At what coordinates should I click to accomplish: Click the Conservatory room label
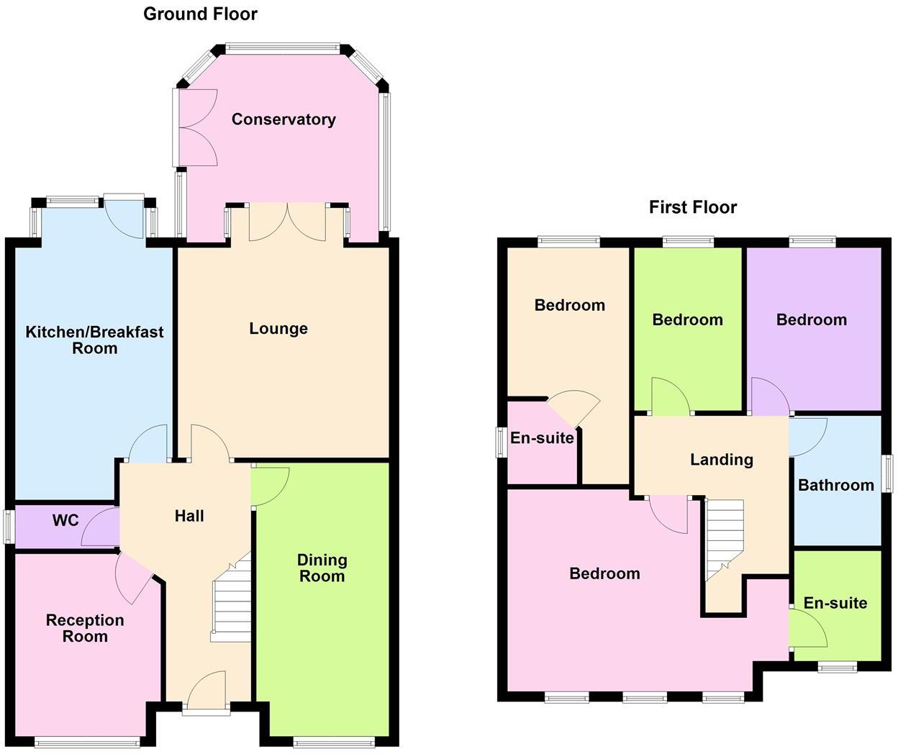click(x=284, y=119)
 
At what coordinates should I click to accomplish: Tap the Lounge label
click(x=278, y=329)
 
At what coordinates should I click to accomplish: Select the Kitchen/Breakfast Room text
click(x=94, y=340)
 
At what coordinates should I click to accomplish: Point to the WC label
click(x=65, y=520)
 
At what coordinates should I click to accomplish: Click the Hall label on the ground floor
click(x=189, y=516)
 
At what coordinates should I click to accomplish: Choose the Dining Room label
click(x=322, y=568)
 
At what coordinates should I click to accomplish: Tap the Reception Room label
click(x=85, y=628)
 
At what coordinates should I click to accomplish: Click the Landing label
click(x=722, y=460)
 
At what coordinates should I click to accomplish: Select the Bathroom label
click(x=836, y=485)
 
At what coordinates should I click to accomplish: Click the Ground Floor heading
click(x=200, y=14)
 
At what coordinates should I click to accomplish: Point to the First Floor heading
click(x=693, y=208)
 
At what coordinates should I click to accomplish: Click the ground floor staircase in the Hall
click(x=232, y=601)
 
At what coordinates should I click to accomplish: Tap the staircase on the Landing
click(x=724, y=535)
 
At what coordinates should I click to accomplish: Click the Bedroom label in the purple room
click(x=812, y=319)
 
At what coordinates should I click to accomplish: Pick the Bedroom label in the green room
click(x=687, y=319)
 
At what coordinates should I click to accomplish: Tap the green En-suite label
click(x=835, y=603)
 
